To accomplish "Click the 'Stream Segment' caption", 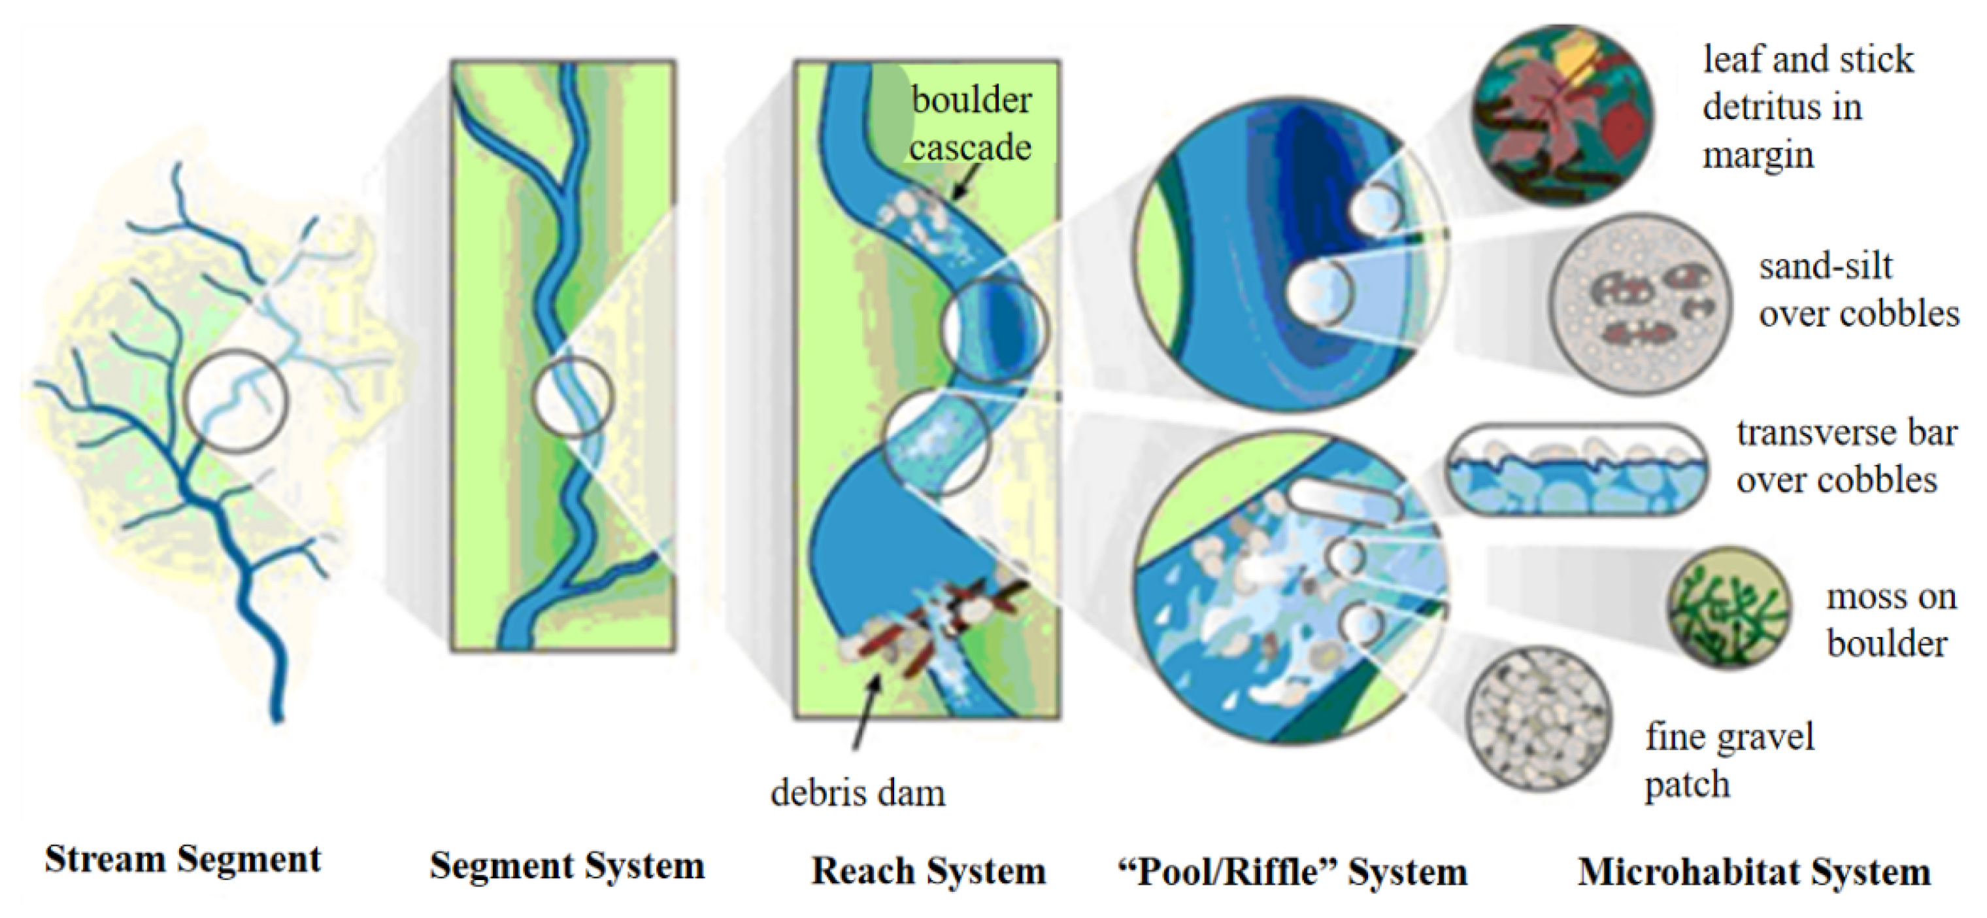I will pos(183,859).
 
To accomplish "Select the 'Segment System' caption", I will pos(567,866).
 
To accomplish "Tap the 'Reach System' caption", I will pos(929,871).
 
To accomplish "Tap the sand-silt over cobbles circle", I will pos(1641,304).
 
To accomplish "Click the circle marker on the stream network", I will pos(235,400).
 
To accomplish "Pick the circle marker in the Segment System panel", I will pos(573,398).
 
